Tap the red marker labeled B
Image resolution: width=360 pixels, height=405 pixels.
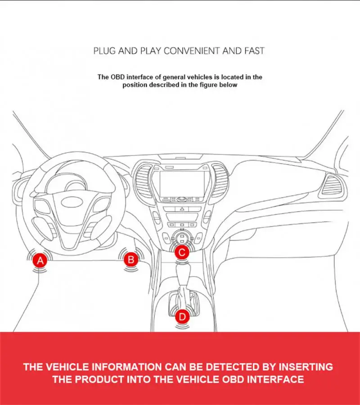[130, 259]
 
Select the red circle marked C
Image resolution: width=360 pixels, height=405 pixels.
[181, 253]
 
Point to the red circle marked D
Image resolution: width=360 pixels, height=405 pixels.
[182, 317]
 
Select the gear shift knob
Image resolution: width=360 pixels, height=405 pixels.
[184, 273]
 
